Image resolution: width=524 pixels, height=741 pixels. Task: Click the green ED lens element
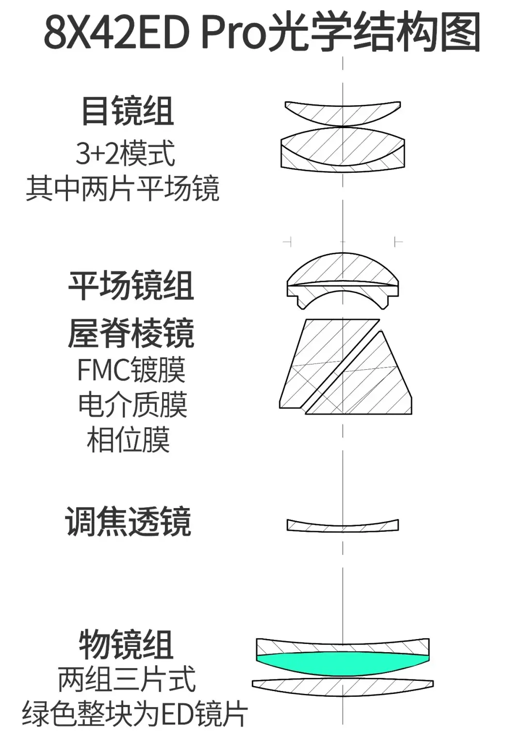tap(343, 664)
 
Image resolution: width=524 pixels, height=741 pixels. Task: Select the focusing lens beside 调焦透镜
tap(343, 526)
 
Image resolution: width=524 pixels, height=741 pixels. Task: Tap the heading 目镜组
tap(128, 111)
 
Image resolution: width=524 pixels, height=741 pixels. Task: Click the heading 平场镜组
tap(131, 285)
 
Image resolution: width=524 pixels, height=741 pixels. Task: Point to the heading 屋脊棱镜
tap(131, 333)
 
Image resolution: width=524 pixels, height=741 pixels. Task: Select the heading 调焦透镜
tap(128, 522)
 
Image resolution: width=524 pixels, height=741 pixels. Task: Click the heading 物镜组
tap(126, 645)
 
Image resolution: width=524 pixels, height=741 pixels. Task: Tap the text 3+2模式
tap(125, 153)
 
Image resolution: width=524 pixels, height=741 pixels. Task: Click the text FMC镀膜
tap(131, 369)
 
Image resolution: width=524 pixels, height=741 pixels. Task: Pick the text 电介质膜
tap(132, 405)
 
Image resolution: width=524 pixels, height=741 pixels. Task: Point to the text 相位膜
tap(129, 440)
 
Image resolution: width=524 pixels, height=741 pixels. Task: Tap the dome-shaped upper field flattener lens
tap(343, 270)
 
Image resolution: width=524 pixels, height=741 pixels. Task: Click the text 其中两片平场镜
tap(123, 189)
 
